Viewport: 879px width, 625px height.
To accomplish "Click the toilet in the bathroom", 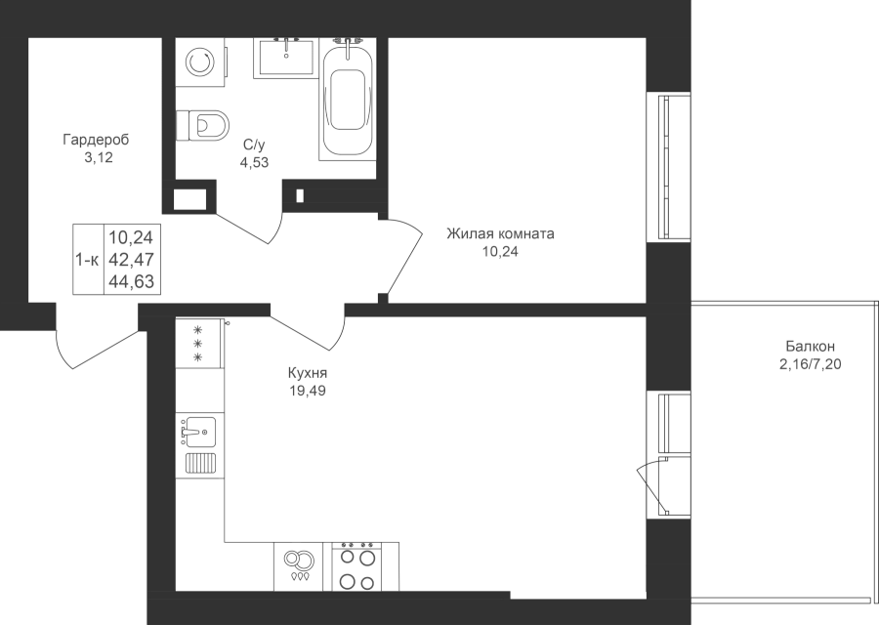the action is coord(202,125).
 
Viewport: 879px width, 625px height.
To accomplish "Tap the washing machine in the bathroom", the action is coord(200,62).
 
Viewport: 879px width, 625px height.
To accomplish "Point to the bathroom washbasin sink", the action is coord(285,58).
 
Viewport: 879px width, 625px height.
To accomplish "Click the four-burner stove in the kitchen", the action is coord(357,566).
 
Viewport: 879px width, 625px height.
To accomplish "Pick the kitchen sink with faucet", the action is coord(199,431).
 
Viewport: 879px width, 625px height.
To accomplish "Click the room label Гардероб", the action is coord(96,139).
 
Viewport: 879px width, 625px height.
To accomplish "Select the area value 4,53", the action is coord(256,162).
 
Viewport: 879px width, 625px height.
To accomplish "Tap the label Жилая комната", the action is coord(500,233).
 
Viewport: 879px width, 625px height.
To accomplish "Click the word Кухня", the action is coord(308,373).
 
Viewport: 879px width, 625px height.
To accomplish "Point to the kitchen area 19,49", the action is coord(308,391).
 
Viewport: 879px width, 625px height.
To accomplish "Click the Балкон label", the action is coord(810,347).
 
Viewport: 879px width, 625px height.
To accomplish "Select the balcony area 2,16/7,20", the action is coord(810,365).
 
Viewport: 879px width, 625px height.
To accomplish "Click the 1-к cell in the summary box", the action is coord(88,260).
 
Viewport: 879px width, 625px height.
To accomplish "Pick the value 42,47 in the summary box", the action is coord(131,260).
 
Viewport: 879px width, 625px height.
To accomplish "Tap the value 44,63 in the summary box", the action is coord(131,281).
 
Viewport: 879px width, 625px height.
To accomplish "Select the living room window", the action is coord(668,168).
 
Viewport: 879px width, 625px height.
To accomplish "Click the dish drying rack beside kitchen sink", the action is coord(200,464).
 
